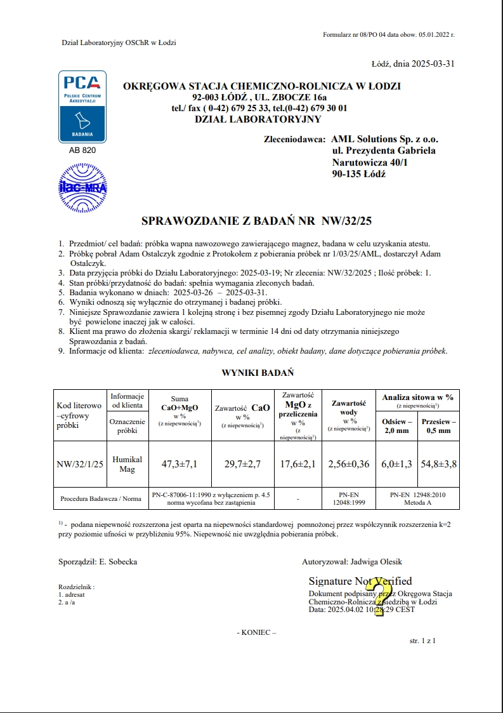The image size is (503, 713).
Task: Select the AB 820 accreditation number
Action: [82, 151]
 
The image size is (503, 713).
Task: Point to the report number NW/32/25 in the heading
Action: [347, 222]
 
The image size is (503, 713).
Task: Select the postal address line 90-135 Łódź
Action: [358, 174]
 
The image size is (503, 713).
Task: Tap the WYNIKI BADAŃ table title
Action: [257, 373]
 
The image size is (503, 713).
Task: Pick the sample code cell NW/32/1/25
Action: [79, 464]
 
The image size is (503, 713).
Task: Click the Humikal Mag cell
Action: [127, 464]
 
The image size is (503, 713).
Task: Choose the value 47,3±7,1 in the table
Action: [180, 464]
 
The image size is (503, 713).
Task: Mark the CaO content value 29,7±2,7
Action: [242, 464]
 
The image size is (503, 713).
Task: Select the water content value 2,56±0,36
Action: [349, 464]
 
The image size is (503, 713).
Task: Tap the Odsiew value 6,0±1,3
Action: [397, 464]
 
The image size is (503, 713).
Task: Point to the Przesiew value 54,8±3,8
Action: [438, 464]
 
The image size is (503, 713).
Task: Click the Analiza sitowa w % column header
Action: [417, 397]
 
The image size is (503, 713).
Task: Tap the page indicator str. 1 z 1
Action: [423, 641]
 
